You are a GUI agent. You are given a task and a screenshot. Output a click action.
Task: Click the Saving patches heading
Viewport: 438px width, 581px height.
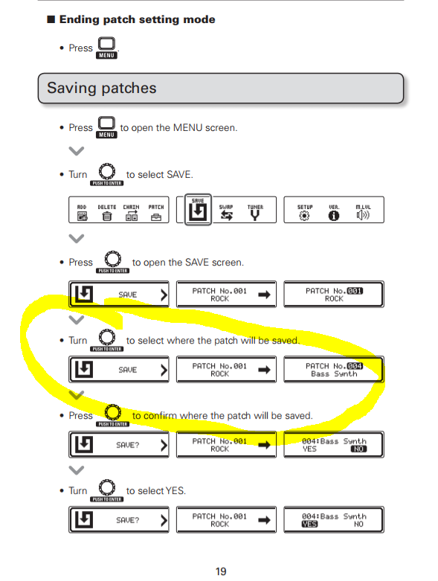point(102,89)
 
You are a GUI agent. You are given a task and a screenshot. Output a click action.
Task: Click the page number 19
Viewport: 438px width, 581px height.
point(221,571)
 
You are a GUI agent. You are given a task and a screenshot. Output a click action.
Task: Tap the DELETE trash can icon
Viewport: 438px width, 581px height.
point(106,216)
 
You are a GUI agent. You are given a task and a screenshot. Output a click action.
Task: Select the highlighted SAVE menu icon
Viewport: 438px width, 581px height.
point(198,210)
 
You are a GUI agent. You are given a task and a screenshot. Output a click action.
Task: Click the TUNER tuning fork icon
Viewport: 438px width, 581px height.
point(255,215)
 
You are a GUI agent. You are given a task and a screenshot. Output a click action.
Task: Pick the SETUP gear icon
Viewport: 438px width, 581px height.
point(304,216)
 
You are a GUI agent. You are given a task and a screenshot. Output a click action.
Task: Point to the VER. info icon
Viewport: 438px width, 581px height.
point(334,216)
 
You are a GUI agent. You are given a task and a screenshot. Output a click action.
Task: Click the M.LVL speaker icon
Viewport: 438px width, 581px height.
point(363,215)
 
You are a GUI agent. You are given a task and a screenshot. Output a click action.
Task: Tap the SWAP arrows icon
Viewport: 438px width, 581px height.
point(226,216)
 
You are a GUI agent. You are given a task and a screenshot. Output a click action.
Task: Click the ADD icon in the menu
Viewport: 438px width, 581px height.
point(83,216)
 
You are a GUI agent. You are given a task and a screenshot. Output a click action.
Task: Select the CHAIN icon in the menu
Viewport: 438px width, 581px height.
point(132,216)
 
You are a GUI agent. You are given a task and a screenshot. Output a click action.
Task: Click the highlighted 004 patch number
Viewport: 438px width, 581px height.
point(355,366)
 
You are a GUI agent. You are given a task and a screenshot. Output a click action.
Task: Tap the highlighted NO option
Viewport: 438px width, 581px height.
point(358,449)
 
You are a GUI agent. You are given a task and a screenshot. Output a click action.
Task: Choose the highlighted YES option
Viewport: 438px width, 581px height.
point(309,524)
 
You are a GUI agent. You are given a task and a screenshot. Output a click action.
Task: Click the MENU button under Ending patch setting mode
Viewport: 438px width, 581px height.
point(106,48)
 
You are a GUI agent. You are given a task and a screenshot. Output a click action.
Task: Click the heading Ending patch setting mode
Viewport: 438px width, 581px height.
point(137,19)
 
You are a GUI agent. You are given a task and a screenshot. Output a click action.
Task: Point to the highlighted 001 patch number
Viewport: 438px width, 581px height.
point(355,291)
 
